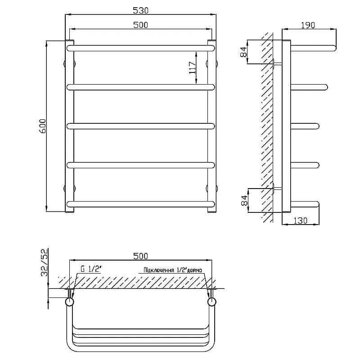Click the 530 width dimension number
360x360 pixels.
click(141, 10)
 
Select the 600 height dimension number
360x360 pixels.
click(43, 126)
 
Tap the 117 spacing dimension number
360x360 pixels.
click(192, 68)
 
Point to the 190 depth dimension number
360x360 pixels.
click(308, 25)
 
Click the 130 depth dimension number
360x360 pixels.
click(300, 220)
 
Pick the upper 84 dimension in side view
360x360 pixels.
click(243, 52)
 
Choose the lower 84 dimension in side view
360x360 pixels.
click(244, 200)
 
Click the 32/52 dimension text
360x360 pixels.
click(45, 262)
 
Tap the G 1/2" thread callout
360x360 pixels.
click(91, 269)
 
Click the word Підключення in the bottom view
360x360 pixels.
click(159, 270)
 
